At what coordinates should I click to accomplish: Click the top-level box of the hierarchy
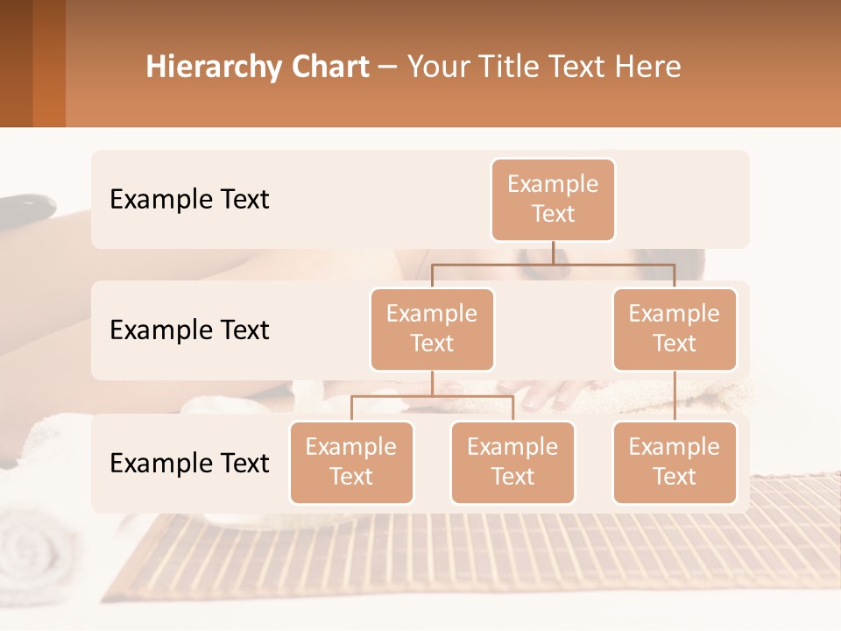tap(553, 199)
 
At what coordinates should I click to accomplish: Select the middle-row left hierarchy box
tap(432, 329)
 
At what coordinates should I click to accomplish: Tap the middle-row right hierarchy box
tap(675, 329)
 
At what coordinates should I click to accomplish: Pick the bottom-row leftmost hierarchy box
tap(351, 462)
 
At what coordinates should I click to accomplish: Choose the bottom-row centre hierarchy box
tap(512, 462)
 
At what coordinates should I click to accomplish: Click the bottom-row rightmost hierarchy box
tap(675, 462)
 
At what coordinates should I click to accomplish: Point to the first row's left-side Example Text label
tap(189, 200)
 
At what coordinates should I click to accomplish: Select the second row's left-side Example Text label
tap(189, 330)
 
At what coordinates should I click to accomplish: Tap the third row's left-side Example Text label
tap(189, 463)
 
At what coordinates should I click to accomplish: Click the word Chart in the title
tap(329, 67)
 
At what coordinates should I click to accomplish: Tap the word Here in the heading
tap(647, 67)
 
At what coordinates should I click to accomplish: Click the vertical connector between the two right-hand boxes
tap(675, 396)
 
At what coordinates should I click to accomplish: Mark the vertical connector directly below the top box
tap(553, 252)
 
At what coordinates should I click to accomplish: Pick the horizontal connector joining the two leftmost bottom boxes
tap(432, 396)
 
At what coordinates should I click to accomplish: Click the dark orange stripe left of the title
tap(49, 63)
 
